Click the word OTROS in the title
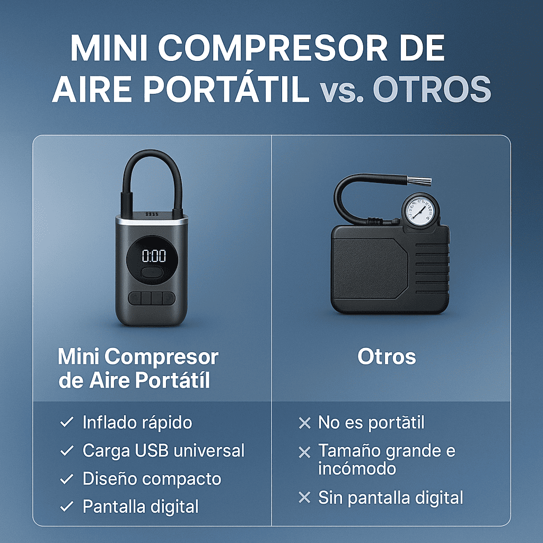[432, 89]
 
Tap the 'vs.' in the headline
[341, 91]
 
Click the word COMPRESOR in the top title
[273, 48]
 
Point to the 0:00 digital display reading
[154, 256]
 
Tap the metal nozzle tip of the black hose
[419, 181]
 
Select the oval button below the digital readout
[152, 271]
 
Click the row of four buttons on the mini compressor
[152, 298]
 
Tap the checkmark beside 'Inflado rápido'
[66, 422]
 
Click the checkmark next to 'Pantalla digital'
[66, 506]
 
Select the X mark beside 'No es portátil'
[304, 423]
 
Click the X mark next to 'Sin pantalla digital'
[304, 497]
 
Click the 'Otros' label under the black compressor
[387, 356]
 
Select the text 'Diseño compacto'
[152, 479]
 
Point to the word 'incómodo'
[357, 469]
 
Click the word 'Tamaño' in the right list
[349, 451]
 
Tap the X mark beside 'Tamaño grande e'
[304, 452]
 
